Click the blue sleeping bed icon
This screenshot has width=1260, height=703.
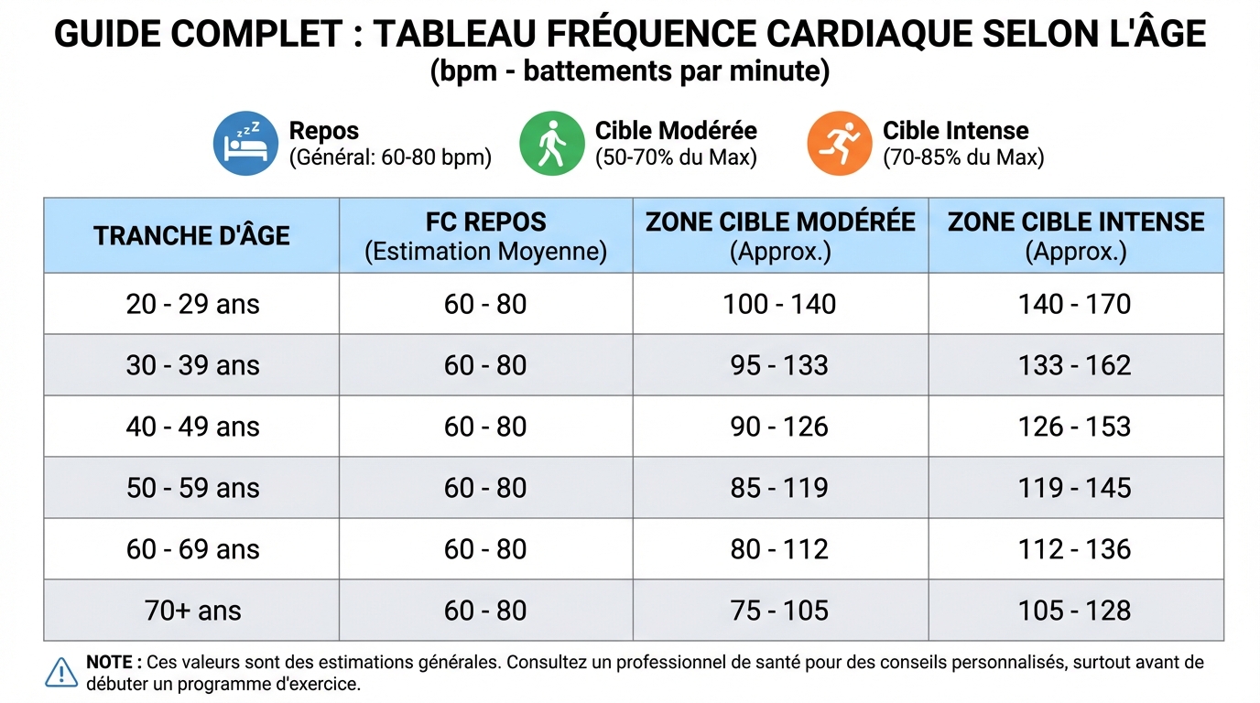tap(244, 144)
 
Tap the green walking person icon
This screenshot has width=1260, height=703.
tap(551, 144)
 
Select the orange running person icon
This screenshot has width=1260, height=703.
tap(839, 144)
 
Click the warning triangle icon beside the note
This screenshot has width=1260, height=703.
tap(61, 672)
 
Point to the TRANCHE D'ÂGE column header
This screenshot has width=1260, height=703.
tap(191, 236)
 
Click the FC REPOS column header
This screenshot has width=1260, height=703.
tap(485, 222)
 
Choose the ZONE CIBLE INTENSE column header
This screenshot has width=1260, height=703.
tap(1076, 222)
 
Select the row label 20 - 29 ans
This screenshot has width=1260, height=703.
tap(192, 304)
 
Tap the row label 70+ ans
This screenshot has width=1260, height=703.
tap(192, 611)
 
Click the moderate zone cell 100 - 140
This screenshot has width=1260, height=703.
tap(779, 304)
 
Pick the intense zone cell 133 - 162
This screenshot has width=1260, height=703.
tap(1075, 365)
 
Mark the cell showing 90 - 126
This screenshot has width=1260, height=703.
tap(779, 427)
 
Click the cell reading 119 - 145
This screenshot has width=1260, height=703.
tap(1075, 488)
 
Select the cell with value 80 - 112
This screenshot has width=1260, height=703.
tap(779, 549)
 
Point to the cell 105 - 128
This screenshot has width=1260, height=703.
tap(1075, 611)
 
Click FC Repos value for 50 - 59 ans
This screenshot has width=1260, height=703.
tap(485, 488)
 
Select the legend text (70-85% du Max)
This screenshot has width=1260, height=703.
tap(963, 157)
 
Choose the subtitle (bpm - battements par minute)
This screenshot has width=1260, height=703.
tap(630, 71)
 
